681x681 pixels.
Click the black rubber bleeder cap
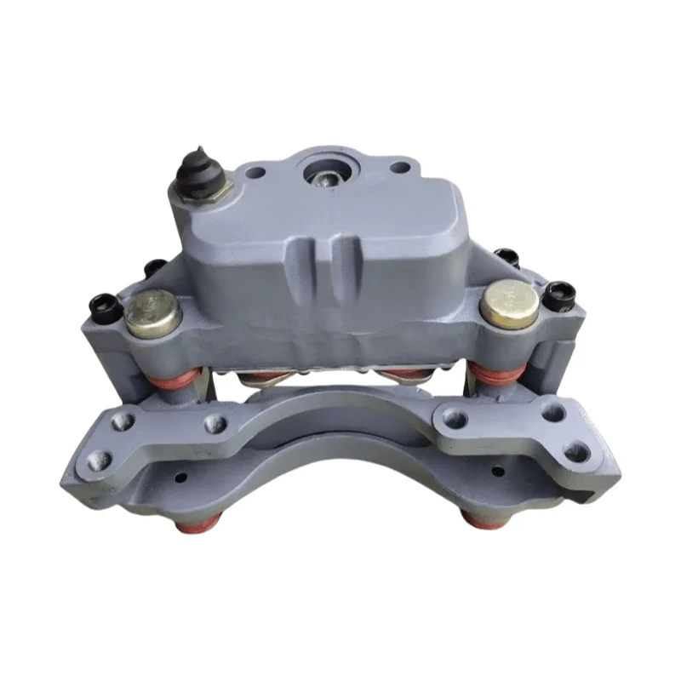coord(197,175)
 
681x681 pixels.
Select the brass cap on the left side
coord(152,312)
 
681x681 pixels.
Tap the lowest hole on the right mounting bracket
coord(581,451)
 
